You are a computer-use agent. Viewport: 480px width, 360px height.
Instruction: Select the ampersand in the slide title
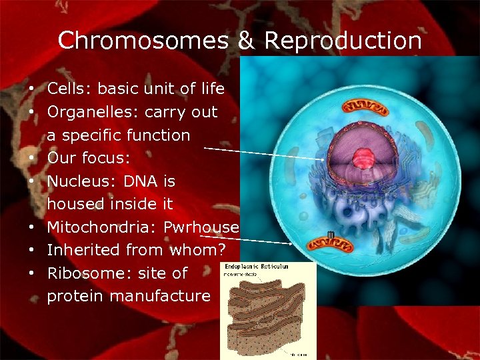tap(247, 41)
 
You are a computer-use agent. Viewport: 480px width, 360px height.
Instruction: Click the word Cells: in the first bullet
tap(70, 89)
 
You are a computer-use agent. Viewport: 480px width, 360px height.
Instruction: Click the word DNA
tap(140, 181)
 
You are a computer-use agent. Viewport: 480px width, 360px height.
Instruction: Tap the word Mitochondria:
tap(101, 227)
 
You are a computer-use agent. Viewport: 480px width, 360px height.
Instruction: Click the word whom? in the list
tap(199, 250)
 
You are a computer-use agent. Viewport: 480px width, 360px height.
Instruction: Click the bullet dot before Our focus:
tap(31, 159)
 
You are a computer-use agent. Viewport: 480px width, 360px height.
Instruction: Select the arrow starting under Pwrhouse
tap(247, 239)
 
